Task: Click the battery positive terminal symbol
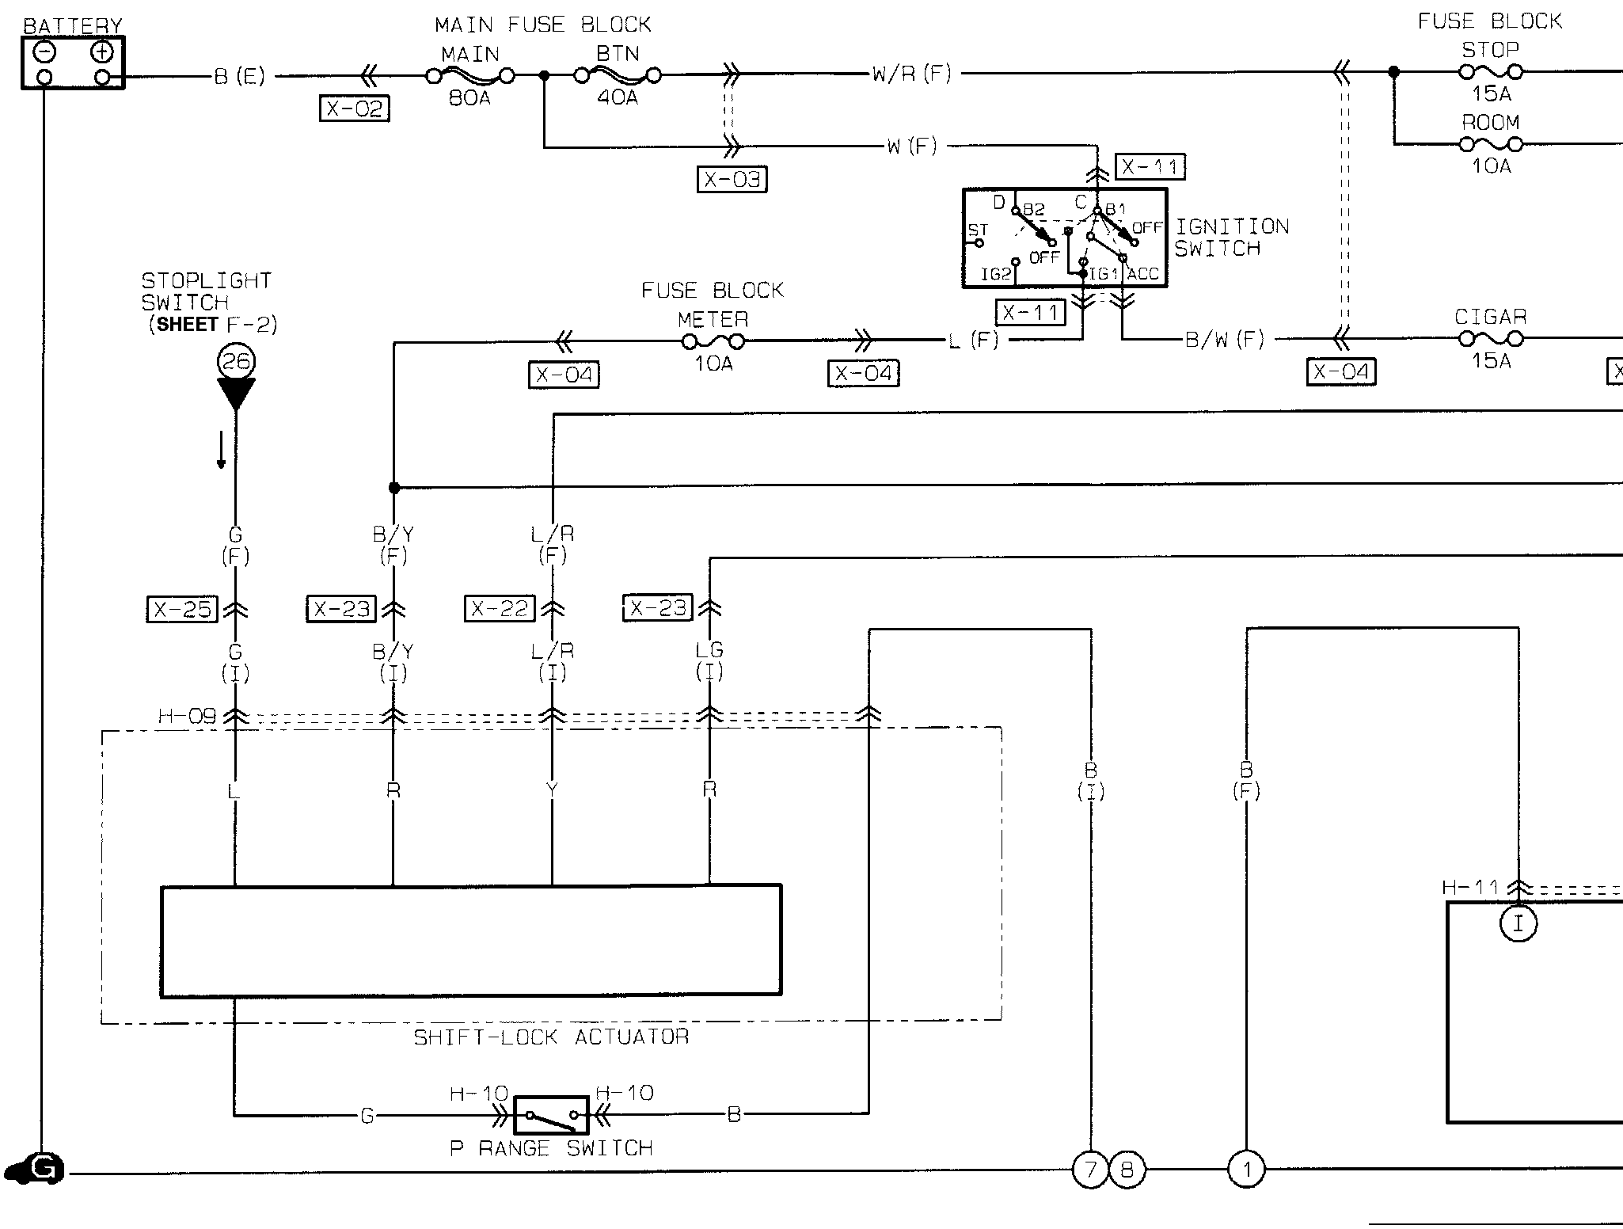(x=102, y=52)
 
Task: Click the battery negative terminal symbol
(x=45, y=52)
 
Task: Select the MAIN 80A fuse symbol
(x=470, y=76)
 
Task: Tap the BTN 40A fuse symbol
(x=618, y=76)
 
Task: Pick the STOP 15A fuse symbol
(x=1491, y=72)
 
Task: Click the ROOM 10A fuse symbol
(x=1491, y=144)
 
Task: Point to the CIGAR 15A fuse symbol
(x=1491, y=339)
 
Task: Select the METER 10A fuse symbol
(x=713, y=342)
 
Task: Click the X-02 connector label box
(x=355, y=108)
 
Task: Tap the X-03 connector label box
(x=732, y=180)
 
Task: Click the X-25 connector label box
(x=183, y=609)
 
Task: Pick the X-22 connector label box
(x=500, y=609)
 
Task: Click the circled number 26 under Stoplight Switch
(x=236, y=362)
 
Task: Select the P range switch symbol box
(x=551, y=1116)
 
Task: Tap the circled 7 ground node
(x=1090, y=1170)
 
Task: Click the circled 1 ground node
(x=1246, y=1170)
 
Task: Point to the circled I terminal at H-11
(x=1518, y=923)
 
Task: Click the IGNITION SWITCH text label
(x=1231, y=238)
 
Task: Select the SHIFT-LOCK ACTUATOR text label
(x=551, y=1037)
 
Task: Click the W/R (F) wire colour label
(x=911, y=74)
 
